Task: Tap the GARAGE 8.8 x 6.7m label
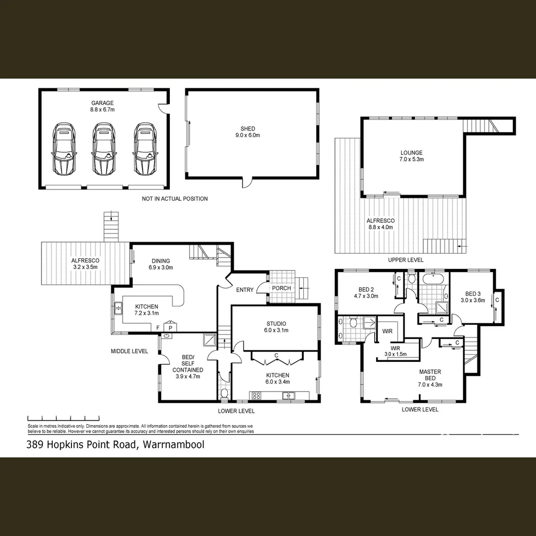pos(102,106)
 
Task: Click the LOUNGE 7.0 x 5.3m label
pos(412,156)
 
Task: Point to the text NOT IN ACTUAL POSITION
pos(175,199)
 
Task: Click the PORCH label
pos(281,288)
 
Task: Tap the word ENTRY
pos(245,290)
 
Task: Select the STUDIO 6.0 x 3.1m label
pos(276,327)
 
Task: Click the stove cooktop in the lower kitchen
pos(257,396)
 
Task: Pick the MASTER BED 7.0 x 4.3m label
pos(430,378)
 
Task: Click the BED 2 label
pos(366,293)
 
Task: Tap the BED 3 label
pos(472,296)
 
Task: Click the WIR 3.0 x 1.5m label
pos(395,351)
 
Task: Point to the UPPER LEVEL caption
pos(405,260)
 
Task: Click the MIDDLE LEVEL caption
pos(129,351)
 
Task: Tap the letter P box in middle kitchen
pos(170,328)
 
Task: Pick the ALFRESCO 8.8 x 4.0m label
pos(380,224)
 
